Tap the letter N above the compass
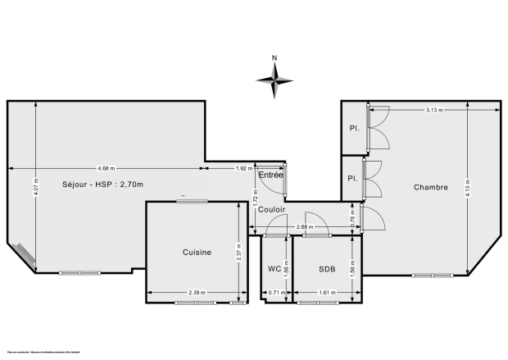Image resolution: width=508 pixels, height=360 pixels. (275, 57)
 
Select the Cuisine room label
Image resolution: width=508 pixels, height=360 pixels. (197, 253)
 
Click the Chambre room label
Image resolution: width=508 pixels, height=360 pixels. (430, 187)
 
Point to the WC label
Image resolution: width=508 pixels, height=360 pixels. (274, 268)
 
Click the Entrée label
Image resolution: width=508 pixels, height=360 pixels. (270, 175)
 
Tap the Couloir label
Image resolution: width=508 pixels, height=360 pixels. (271, 209)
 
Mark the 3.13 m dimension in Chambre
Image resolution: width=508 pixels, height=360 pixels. (435, 110)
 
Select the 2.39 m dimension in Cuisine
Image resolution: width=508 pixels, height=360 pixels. (197, 292)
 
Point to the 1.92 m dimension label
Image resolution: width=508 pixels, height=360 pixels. (243, 168)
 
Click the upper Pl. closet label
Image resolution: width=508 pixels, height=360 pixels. (353, 128)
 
